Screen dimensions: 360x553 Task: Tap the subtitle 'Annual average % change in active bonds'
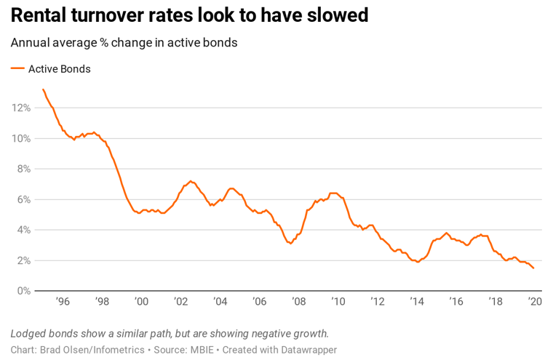pos(124,42)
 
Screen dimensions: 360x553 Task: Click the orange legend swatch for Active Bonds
pos(17,69)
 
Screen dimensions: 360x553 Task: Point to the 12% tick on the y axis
pos(20,108)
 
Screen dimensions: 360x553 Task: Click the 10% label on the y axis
pos(20,138)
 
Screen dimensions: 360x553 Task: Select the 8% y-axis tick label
pos(23,169)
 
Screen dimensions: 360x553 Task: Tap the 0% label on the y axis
pos(23,291)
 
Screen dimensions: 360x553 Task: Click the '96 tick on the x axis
pos(63,302)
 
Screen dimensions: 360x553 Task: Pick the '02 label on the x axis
pos(180,302)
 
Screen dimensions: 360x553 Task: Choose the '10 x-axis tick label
pos(338,302)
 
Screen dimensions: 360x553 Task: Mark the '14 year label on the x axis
pos(416,302)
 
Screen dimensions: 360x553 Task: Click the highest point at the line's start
pos(44,89)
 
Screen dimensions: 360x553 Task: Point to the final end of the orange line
pos(533,268)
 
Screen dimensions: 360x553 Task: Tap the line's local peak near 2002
pos(191,181)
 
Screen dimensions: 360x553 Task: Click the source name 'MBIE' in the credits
pos(201,350)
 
